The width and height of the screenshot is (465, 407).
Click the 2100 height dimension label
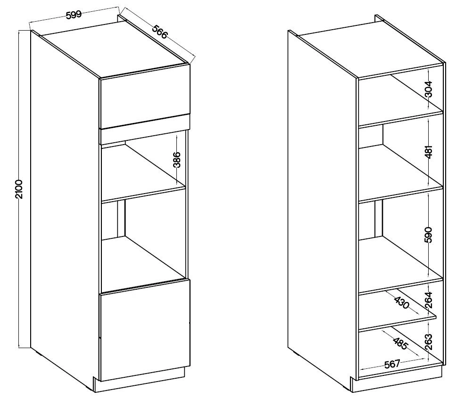(19, 189)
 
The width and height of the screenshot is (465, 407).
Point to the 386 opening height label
(177, 160)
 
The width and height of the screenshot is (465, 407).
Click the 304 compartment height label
(429, 89)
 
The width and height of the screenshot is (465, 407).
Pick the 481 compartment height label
(429, 152)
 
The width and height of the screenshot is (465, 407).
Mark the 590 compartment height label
(429, 235)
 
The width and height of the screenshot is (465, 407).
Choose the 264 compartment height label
(429, 300)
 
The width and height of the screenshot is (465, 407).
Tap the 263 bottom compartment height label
(429, 342)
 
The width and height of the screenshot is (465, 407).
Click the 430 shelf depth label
(402, 303)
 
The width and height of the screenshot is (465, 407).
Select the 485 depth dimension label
(400, 343)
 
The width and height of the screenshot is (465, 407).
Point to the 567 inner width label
(392, 363)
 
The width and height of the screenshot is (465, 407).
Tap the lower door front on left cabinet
(145, 330)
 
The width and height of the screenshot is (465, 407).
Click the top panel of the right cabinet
(371, 49)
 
